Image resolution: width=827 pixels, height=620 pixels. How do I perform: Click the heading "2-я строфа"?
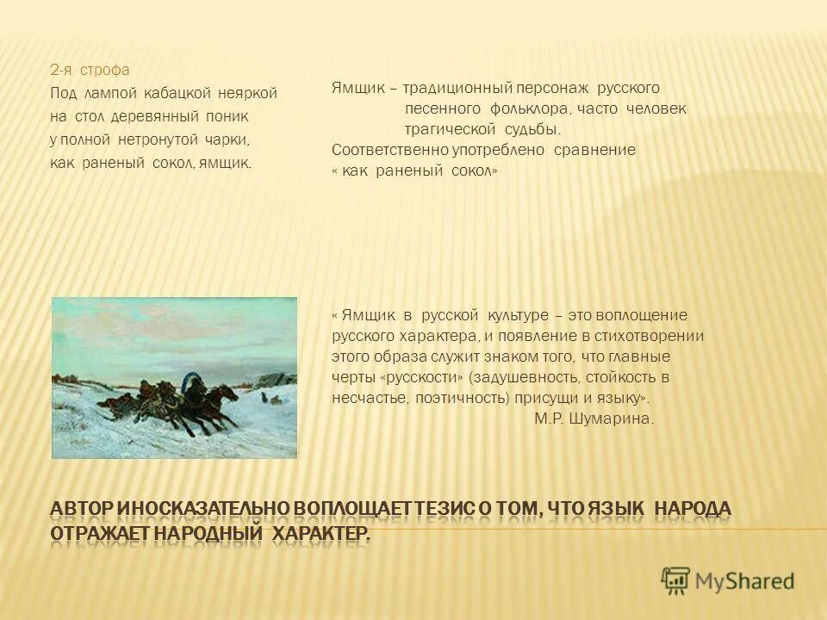tap(90, 71)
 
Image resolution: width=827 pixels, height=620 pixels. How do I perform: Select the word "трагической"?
tap(451, 129)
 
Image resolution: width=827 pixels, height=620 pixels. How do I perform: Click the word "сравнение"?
tap(596, 150)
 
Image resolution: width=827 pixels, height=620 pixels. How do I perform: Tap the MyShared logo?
tap(728, 580)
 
